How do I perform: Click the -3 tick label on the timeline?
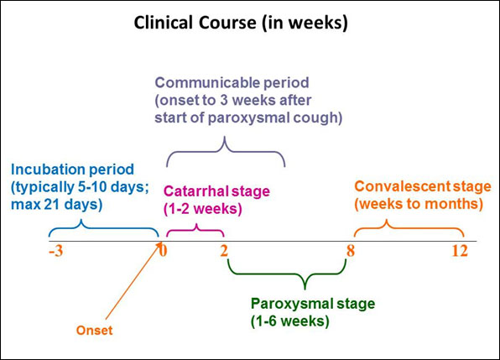56,251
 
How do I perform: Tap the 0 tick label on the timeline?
163,251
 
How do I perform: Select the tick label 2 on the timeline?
224,251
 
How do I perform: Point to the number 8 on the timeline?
351,251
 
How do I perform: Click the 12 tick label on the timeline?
460,251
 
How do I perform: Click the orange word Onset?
95,331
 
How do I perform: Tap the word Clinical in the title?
163,23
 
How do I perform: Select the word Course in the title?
227,23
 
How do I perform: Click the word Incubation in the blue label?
48,170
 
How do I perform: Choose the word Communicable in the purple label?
203,82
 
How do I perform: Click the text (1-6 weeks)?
290,321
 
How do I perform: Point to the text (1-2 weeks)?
203,209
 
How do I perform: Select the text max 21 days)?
57,205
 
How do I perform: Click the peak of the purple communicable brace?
225,137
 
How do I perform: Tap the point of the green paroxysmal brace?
305,289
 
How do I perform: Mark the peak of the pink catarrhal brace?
196,225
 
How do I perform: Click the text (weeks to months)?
419,204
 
